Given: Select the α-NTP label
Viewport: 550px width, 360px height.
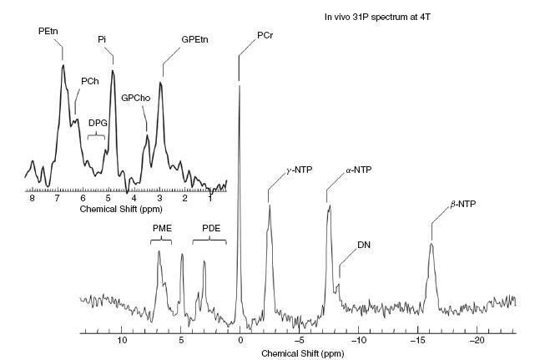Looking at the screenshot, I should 358,170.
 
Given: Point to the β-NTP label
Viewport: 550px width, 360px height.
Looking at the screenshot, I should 462,204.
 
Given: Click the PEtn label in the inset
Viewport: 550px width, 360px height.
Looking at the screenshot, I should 48,31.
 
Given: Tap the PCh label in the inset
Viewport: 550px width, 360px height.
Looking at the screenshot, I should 89,81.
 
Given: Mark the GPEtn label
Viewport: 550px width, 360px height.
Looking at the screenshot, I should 196,38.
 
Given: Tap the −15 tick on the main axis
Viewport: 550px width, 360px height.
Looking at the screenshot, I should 417,341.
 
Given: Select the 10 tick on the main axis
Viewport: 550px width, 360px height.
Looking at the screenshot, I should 122,341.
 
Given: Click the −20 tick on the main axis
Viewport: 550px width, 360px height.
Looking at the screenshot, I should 477,341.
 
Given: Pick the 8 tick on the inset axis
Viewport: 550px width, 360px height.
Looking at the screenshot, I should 32,198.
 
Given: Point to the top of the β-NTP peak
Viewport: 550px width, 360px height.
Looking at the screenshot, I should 431,243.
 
